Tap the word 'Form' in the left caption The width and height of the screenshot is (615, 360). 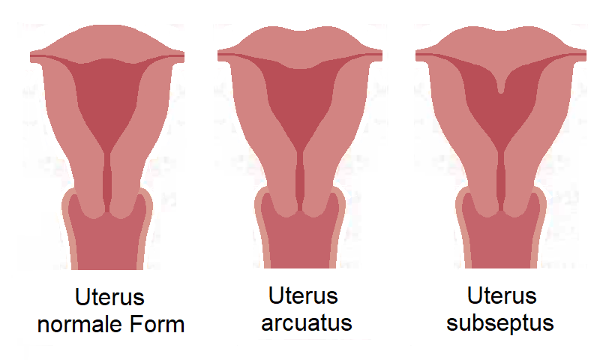[x=157, y=324]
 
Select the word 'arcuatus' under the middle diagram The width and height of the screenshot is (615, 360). [x=307, y=323]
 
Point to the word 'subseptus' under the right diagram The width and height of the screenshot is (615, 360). [x=500, y=323]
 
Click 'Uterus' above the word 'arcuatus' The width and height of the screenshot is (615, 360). [x=303, y=295]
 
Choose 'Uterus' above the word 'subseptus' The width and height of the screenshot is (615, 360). [x=502, y=295]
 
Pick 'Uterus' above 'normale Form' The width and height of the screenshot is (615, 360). [x=109, y=297]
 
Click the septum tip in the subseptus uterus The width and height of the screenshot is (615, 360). [x=500, y=91]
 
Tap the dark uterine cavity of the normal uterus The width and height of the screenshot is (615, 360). [x=107, y=102]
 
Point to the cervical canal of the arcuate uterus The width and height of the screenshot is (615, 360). [x=300, y=181]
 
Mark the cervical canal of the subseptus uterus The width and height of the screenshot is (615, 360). [x=501, y=181]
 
